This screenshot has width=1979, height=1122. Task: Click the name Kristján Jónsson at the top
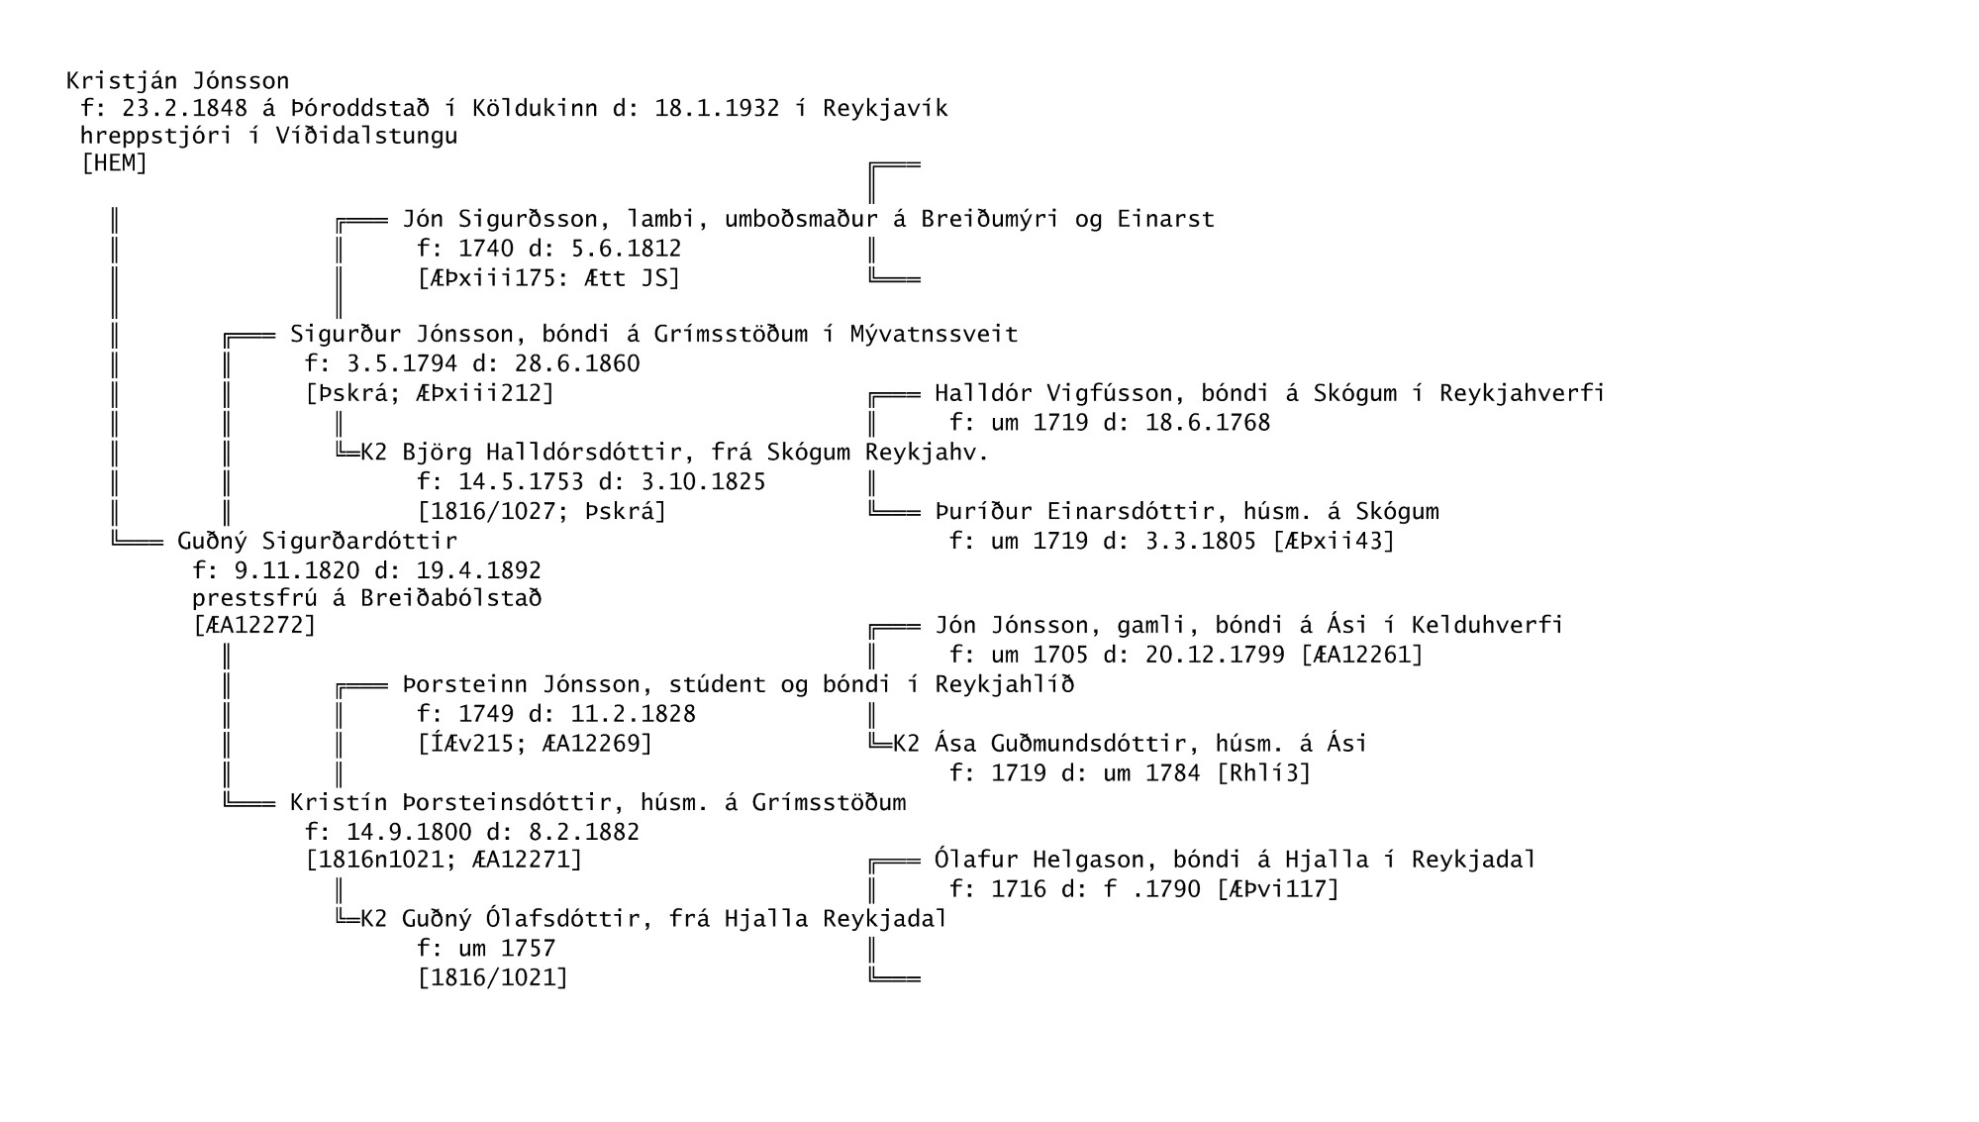pyautogui.click(x=178, y=81)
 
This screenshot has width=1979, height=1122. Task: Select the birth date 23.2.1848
pyautogui.click(x=184, y=108)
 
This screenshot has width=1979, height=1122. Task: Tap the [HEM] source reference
pyautogui.click(x=114, y=163)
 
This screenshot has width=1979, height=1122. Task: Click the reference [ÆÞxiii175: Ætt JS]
pyautogui.click(x=549, y=278)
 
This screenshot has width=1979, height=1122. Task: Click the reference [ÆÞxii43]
pyautogui.click(x=1334, y=541)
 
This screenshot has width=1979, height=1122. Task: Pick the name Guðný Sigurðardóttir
pyautogui.click(x=317, y=542)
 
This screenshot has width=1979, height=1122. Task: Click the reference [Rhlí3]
pyautogui.click(x=1263, y=772)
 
